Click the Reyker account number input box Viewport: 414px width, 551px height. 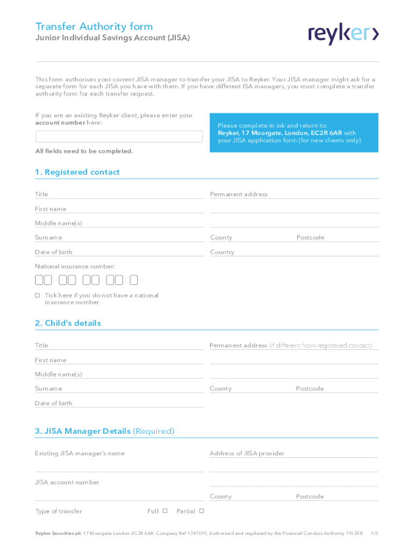pos(119,136)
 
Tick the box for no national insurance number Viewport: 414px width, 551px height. pos(38,295)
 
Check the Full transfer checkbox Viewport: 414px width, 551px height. pos(165,511)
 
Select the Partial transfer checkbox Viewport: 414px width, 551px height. pos(202,511)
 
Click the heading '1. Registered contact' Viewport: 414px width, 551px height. pos(77,172)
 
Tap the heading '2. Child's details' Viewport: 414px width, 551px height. pos(68,323)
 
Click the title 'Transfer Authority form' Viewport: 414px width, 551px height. pos(94,26)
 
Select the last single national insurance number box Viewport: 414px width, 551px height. pos(134,280)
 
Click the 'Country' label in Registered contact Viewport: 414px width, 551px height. pos(222,252)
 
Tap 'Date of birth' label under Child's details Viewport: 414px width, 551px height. pos(54,403)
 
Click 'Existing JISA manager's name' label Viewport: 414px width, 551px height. pos(80,453)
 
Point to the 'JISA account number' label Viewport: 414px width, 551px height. pos(67,482)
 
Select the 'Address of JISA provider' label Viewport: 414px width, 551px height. pos(247,453)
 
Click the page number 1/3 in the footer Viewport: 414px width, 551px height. pos(375,533)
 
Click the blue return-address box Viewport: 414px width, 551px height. pos(294,133)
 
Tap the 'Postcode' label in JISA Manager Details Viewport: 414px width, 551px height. pos(310,497)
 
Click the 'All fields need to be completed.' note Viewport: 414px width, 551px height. pos(84,151)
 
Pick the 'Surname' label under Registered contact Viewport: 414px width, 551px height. pos(48,237)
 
